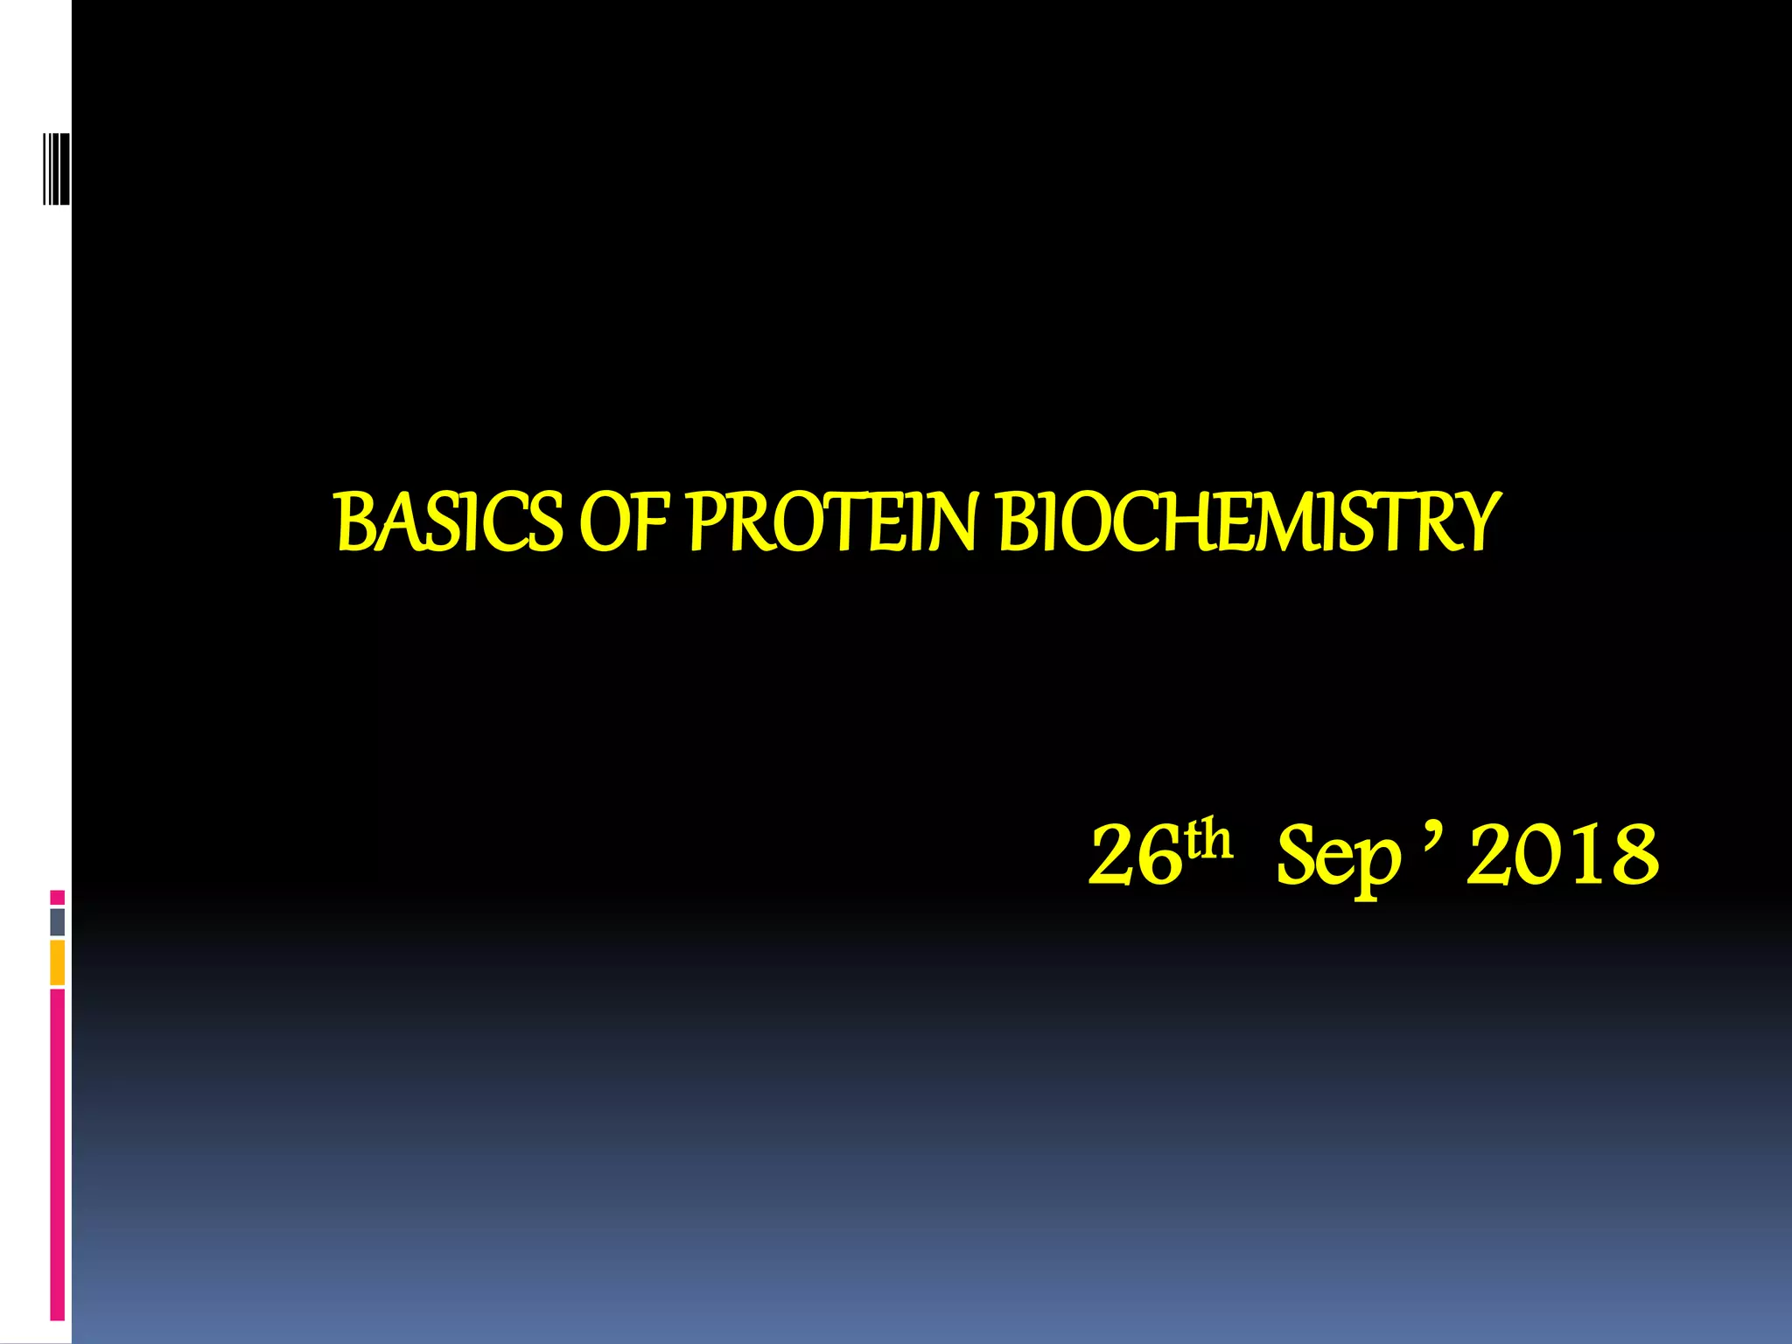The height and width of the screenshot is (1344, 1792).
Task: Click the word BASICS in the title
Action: tap(449, 522)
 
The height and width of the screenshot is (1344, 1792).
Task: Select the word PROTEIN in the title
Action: tap(832, 522)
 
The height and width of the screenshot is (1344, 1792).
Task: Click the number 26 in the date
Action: tap(1135, 857)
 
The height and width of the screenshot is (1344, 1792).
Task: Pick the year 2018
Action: tap(1563, 857)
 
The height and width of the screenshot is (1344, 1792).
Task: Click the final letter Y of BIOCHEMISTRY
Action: tap(1474, 522)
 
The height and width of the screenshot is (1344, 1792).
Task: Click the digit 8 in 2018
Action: tap(1633, 857)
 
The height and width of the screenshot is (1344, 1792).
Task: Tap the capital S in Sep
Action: tap(1296, 857)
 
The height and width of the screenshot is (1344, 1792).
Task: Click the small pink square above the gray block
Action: tap(57, 897)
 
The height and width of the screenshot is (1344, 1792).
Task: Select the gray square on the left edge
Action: tap(57, 921)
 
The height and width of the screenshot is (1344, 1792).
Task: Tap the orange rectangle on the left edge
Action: tap(57, 962)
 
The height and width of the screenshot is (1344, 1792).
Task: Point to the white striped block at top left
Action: tap(56, 169)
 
